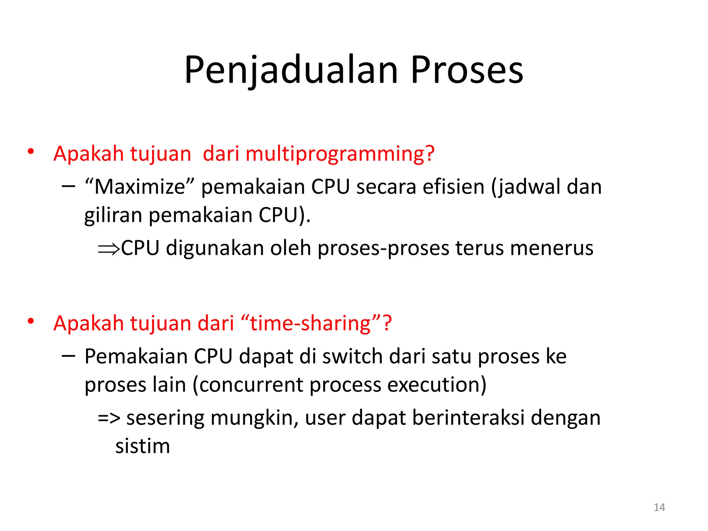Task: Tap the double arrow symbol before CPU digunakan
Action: tap(109, 249)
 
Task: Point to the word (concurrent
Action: tap(247, 385)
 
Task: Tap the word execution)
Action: tap(437, 385)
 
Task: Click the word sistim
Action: tap(142, 446)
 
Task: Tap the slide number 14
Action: tap(659, 507)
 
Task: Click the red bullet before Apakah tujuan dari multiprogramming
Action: tap(31, 151)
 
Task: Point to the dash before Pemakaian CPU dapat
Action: tap(68, 355)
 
